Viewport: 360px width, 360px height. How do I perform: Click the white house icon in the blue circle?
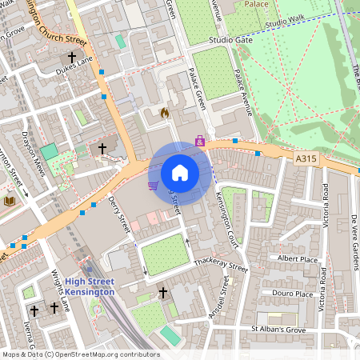tap(180, 173)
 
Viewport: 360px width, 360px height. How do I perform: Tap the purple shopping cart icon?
tap(152, 186)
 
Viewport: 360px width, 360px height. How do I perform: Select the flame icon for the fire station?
tap(165, 113)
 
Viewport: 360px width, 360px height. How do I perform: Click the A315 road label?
tap(305, 159)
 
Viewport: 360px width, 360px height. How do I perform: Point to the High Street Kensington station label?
tap(90, 286)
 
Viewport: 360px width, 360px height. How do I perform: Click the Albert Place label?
tap(297, 259)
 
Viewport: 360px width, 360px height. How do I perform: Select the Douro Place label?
tap(293, 294)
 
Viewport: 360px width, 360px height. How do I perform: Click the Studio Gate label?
tap(230, 39)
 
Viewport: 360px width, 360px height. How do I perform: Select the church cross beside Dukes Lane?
tap(72, 58)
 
